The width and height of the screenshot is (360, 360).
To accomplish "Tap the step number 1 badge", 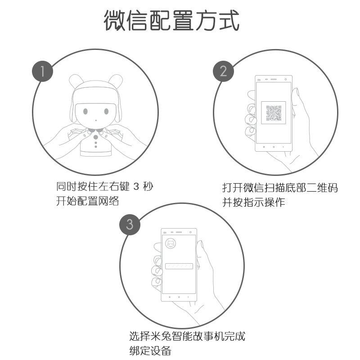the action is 42,71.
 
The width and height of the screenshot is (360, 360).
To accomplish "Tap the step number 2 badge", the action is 223,71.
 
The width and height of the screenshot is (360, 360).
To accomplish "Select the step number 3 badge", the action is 130,224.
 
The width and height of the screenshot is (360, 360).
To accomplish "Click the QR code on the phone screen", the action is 274,112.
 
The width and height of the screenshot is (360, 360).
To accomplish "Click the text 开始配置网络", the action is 87,201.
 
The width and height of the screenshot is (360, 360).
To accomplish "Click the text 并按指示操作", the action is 254,202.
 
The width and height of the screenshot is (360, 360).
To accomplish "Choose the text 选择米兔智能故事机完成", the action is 187,336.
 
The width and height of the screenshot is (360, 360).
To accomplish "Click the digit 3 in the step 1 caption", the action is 138,185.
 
